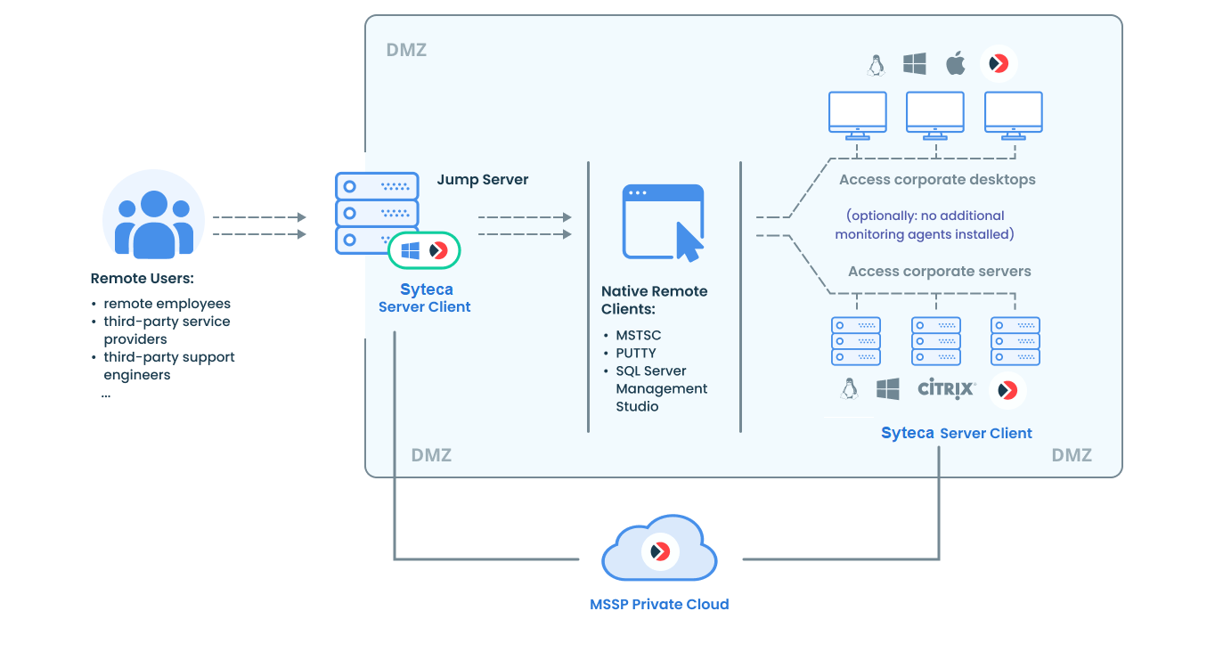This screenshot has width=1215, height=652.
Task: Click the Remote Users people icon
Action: point(153,221)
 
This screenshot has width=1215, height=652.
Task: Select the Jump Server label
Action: point(482,180)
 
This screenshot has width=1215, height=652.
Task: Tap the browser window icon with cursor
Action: point(664,223)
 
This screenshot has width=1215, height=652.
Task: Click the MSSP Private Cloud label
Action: point(659,605)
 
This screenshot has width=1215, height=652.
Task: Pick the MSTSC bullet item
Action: point(639,336)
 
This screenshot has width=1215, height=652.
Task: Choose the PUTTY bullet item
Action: point(636,354)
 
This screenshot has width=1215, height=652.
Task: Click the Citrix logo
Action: point(947,389)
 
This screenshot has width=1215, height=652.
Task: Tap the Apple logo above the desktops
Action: point(956,63)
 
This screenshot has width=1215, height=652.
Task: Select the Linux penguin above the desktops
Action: point(877,64)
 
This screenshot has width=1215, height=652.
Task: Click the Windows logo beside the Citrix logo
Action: point(888,389)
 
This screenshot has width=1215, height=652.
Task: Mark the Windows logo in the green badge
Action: point(410,250)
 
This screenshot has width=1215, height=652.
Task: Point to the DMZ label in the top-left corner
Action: point(406,51)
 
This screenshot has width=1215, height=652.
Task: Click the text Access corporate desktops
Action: point(937,180)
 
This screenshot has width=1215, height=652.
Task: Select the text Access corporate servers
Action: point(939,272)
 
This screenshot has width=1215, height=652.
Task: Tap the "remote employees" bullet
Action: point(167,304)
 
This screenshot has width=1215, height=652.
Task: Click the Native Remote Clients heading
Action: point(654,300)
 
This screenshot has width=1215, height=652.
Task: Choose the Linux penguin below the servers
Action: point(849,388)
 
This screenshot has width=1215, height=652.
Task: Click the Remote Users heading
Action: point(143,279)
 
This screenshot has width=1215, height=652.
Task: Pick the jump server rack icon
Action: point(376,213)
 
